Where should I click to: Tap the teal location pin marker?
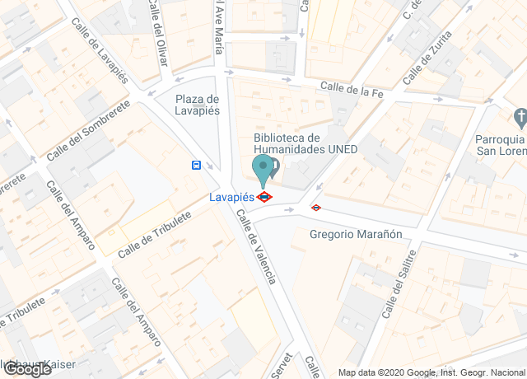[263, 170]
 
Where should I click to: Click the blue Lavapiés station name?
[231, 197]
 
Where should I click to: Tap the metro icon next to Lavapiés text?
[264, 197]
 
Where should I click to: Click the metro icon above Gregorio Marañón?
[315, 208]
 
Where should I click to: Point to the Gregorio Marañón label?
[356, 234]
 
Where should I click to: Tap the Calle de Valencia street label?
[255, 246]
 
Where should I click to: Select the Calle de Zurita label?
[428, 58]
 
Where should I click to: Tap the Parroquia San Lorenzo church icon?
[520, 115]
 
